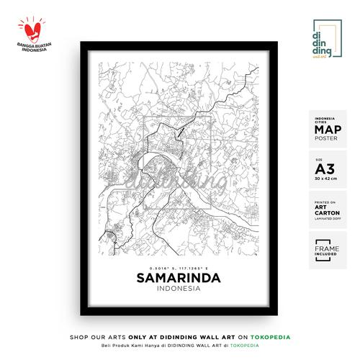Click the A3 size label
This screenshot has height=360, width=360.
325,169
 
